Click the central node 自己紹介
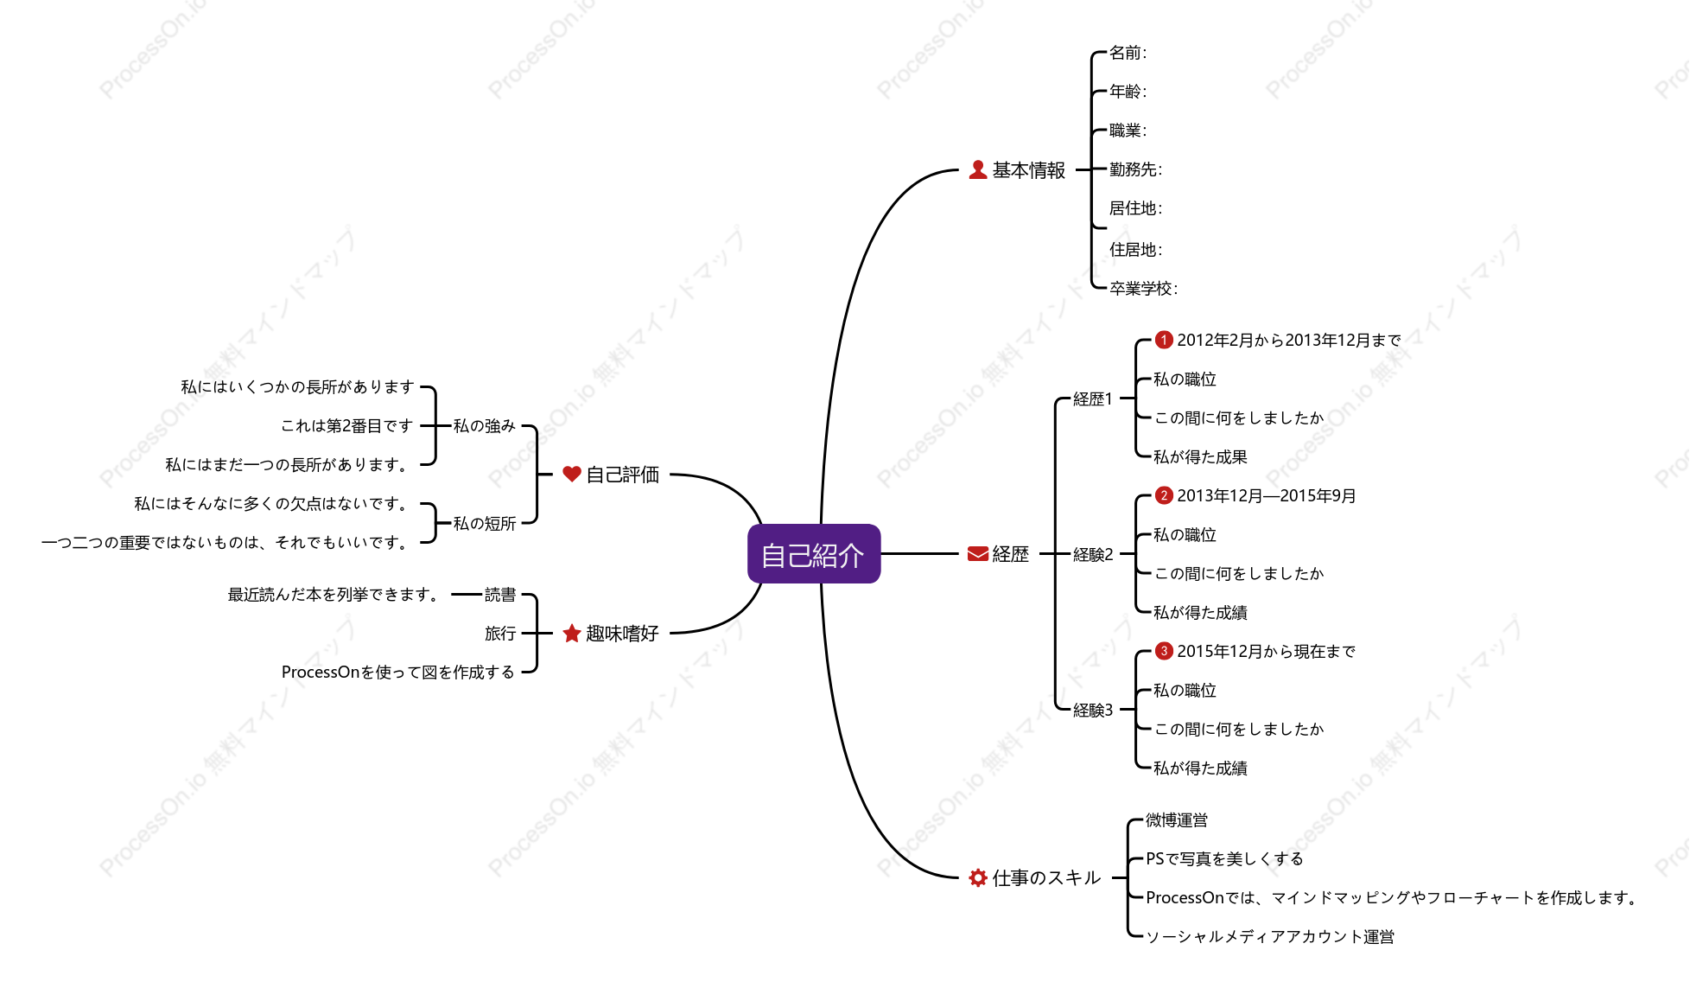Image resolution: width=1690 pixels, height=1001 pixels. click(814, 554)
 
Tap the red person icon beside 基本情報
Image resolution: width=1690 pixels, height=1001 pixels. click(977, 170)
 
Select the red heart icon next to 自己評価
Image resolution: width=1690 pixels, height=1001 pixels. click(571, 474)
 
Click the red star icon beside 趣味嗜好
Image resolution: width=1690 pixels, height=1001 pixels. click(571, 634)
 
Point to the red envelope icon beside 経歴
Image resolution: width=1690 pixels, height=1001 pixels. click(977, 554)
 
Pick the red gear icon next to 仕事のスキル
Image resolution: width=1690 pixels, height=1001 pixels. click(977, 877)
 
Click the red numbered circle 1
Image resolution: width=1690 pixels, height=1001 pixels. click(1164, 340)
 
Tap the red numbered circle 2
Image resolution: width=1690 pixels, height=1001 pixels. click(1164, 495)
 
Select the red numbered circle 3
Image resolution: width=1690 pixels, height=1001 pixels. click(1164, 651)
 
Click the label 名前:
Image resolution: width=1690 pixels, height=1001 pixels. click(1128, 53)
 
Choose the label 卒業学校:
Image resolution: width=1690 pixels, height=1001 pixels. click(1143, 288)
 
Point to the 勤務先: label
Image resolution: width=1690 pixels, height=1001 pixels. click(1135, 169)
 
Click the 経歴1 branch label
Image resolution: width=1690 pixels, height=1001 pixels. click(1092, 398)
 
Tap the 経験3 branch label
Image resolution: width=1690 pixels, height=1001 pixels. click(1092, 710)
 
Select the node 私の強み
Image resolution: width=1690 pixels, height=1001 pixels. click(484, 425)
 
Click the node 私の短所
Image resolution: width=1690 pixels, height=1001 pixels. click(484, 523)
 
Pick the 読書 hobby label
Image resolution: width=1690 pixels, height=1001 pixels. click(500, 594)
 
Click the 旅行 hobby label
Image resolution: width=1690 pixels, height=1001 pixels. click(500, 633)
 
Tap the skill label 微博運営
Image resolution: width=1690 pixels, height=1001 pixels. click(1176, 819)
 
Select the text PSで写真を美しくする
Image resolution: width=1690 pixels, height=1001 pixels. click(1223, 858)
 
